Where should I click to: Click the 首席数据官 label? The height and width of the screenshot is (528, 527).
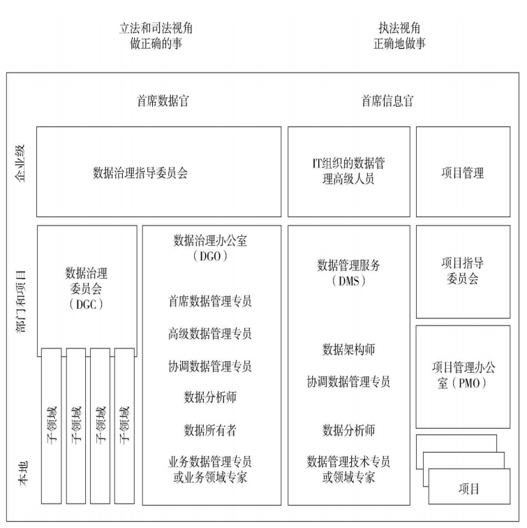tap(163, 101)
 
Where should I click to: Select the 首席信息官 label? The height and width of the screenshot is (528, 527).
tap(387, 101)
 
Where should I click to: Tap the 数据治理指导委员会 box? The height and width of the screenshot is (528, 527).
tap(158, 172)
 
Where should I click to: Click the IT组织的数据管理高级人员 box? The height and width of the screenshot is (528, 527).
tap(348, 172)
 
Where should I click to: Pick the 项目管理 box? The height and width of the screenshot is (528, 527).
tap(463, 172)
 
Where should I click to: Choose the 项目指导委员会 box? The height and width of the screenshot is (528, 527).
tap(463, 271)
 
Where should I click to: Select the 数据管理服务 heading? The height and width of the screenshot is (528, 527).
tap(348, 265)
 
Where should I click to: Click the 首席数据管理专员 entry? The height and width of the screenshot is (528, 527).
tap(210, 302)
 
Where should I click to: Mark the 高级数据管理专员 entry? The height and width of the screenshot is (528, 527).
tap(210, 334)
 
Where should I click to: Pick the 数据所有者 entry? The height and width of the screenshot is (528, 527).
tap(210, 430)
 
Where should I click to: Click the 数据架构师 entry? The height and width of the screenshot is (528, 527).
tap(348, 349)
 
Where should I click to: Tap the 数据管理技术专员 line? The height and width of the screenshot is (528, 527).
tap(348, 462)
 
